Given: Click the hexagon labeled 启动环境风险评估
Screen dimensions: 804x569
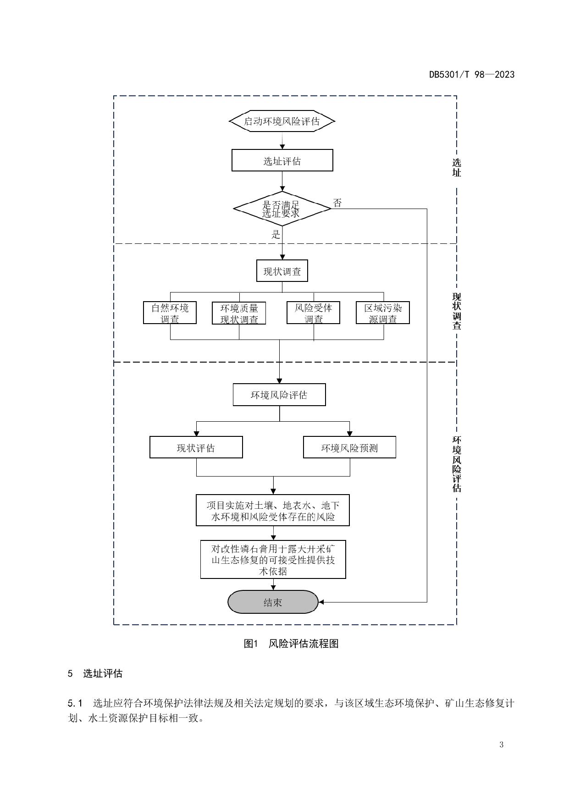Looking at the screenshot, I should tap(282, 121).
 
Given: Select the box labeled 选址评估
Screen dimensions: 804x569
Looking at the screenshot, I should tap(282, 160).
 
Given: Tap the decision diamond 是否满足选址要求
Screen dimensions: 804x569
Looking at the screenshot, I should tap(282, 209).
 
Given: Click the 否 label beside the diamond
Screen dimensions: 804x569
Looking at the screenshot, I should tap(337, 203).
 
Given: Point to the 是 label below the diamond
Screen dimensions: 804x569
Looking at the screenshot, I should tap(276, 235).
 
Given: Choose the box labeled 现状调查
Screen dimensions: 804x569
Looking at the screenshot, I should tap(282, 271).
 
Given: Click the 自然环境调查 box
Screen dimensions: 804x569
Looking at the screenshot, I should tap(170, 313).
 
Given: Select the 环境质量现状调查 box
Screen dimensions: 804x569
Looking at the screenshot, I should tap(239, 314).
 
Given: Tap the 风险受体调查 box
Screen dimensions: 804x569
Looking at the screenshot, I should tap(313, 313).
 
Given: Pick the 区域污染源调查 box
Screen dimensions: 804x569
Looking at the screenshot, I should tap(383, 313).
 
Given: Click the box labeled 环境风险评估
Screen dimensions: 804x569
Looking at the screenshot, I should tap(279, 395).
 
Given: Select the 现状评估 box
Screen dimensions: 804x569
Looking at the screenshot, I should tap(196, 447).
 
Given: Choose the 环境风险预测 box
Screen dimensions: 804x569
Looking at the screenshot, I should tap(349, 447).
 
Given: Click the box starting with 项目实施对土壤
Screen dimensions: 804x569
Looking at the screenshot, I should tap(273, 510).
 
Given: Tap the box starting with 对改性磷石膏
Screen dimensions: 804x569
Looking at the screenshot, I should tap(273, 560).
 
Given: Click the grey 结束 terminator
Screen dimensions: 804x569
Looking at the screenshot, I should tap(273, 602).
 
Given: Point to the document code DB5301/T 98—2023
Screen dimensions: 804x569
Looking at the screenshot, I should tap(472, 74).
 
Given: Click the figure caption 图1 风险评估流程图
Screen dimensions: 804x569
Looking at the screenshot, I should tap(291, 644).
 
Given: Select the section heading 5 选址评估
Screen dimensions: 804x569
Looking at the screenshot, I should tap(95, 673).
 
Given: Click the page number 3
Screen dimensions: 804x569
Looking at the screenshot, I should tap(501, 744).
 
